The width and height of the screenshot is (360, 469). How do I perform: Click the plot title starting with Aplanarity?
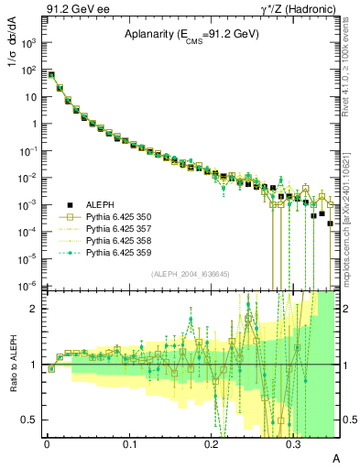(x=191, y=35)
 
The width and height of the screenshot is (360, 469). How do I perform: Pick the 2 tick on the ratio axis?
(x=37, y=309)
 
